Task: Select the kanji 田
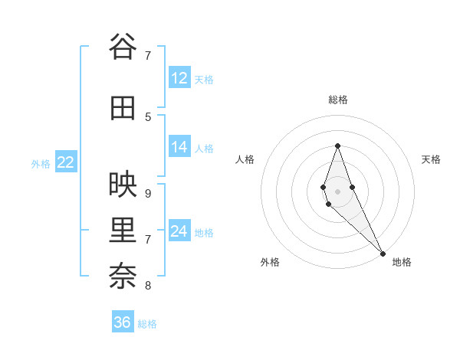[x=123, y=108]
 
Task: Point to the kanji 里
[x=123, y=229]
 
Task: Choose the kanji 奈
[x=123, y=275]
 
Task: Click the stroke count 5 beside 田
[x=148, y=116]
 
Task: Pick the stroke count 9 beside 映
[x=148, y=193]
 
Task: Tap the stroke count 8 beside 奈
[x=148, y=286]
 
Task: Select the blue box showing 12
[x=179, y=78]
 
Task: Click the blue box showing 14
[x=179, y=147]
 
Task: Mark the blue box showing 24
[x=179, y=231]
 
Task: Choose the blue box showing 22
[x=65, y=162]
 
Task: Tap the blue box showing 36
[x=123, y=322]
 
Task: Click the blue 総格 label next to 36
[x=147, y=324]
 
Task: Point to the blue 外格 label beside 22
[x=41, y=163]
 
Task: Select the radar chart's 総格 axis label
[x=338, y=100]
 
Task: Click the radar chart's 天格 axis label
[x=432, y=159]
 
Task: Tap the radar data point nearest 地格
[x=383, y=253]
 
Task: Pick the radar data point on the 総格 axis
[x=337, y=146]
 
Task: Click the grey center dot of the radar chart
[x=337, y=191]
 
